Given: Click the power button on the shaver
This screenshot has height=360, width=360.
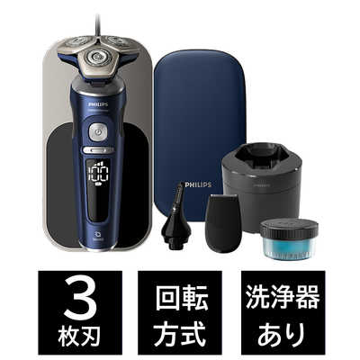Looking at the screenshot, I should point(97,131).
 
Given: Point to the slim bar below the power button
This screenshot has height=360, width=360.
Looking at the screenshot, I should point(97,150).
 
